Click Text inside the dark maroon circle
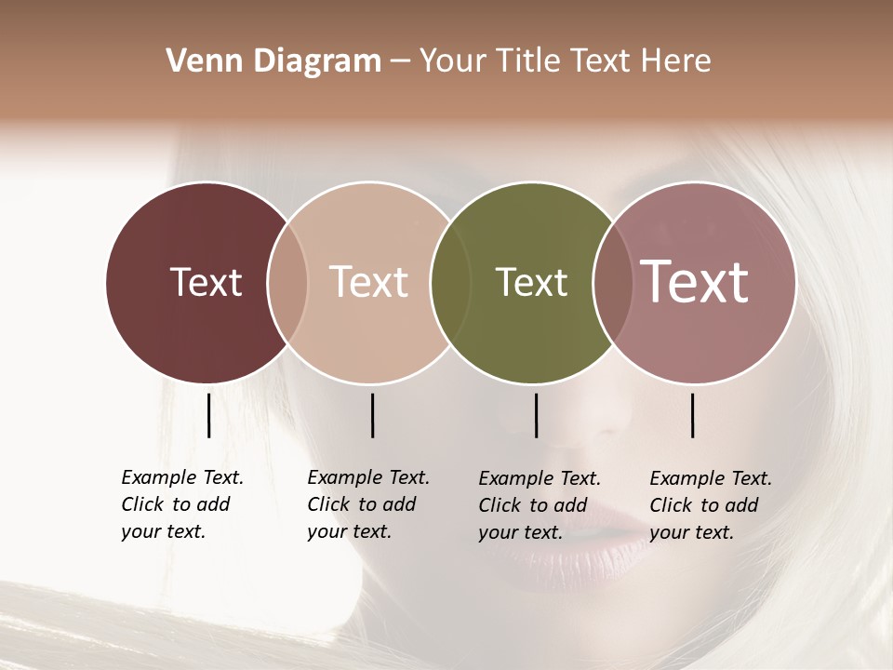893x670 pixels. click(206, 282)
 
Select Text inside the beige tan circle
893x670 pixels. click(369, 282)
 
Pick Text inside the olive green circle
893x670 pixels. click(531, 282)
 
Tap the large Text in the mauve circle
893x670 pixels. click(695, 282)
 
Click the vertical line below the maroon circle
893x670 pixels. click(209, 415)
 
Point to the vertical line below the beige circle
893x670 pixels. click(372, 415)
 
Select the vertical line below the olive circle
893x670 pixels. click(536, 415)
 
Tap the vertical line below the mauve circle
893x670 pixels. click(693, 415)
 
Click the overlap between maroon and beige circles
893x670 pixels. click(287, 282)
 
